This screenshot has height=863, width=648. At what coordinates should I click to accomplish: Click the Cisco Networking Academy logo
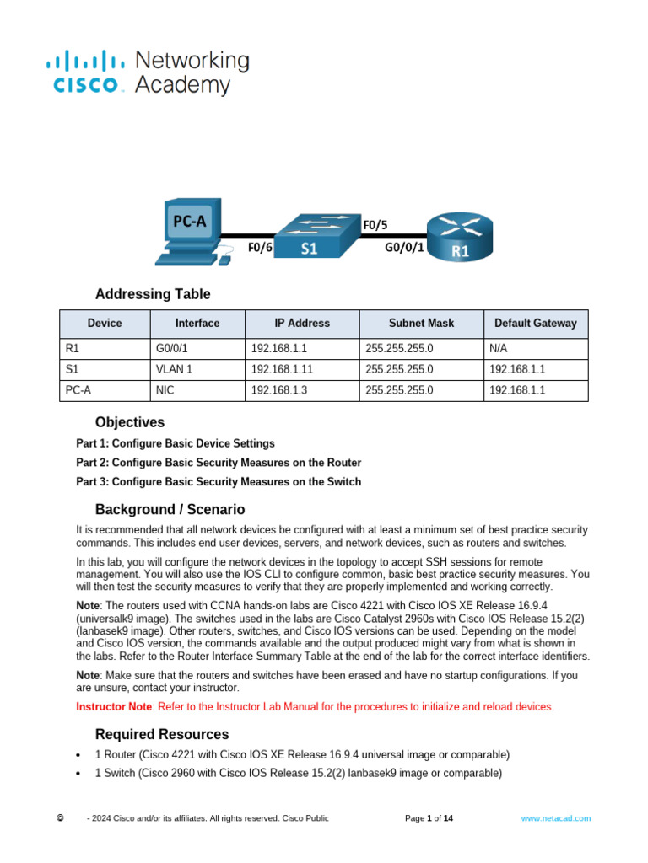(x=148, y=72)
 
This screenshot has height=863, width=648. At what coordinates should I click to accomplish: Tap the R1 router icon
(x=459, y=237)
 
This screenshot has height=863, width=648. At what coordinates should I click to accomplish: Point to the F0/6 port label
(x=260, y=248)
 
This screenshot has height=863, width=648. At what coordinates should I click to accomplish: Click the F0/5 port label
(x=375, y=225)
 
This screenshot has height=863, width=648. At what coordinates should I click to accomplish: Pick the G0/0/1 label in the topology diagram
(x=404, y=248)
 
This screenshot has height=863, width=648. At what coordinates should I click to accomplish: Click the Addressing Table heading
(x=153, y=294)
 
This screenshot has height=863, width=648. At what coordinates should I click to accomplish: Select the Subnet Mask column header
(x=421, y=324)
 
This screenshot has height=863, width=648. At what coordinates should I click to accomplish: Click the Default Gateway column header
(x=535, y=324)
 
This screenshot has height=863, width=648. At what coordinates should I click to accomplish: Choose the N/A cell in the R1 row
(x=499, y=347)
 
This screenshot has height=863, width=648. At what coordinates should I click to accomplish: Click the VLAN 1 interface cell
(x=175, y=369)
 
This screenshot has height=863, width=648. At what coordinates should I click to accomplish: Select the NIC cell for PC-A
(x=165, y=391)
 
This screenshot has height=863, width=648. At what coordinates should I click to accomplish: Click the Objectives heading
(x=130, y=422)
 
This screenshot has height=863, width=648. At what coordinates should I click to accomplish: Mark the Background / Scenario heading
(x=170, y=509)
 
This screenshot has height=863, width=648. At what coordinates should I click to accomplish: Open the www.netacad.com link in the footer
(x=555, y=818)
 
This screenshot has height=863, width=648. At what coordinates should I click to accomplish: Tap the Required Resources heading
(x=162, y=734)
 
